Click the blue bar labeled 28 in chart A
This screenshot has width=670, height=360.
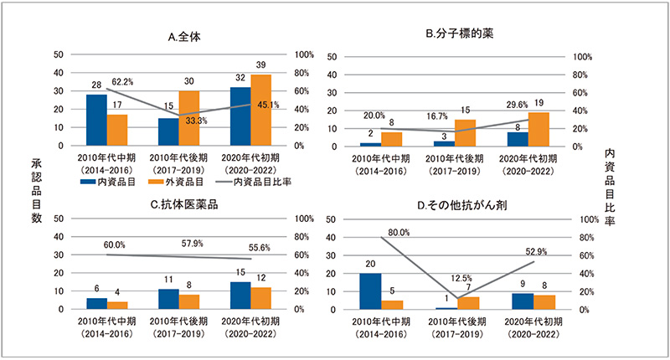coord(96,120)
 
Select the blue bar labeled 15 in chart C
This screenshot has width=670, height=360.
coord(240,296)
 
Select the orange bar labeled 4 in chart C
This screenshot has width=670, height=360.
coord(118,306)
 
